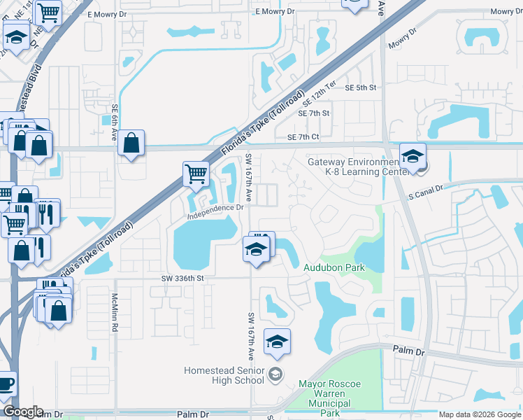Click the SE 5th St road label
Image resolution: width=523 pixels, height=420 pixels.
click(361, 87)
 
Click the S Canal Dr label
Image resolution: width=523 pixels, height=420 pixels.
click(426, 190)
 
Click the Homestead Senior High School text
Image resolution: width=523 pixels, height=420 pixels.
click(224, 375)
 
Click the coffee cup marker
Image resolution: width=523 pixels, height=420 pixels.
click(6, 384)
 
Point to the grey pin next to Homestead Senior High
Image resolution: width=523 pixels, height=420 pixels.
click(276, 373)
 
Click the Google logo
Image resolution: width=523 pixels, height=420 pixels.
click(23, 412)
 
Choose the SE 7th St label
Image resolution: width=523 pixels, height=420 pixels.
click(313, 113)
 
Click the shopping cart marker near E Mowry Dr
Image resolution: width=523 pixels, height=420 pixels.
click(48, 12)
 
